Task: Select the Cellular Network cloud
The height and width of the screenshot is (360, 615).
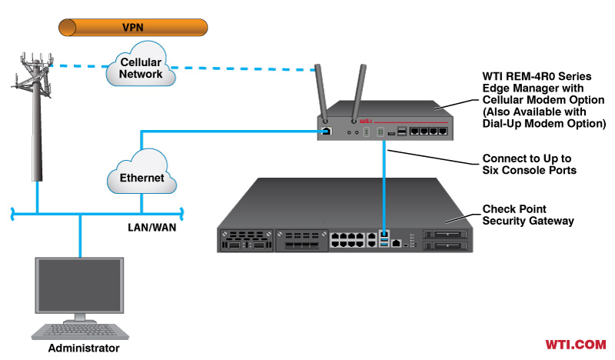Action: tap(141, 68)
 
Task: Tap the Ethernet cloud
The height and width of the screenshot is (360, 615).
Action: tap(142, 177)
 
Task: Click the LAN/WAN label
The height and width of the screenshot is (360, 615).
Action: tap(153, 228)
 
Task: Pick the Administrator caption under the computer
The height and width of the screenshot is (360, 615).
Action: tap(84, 348)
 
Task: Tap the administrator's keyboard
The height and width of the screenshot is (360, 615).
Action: tap(79, 330)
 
